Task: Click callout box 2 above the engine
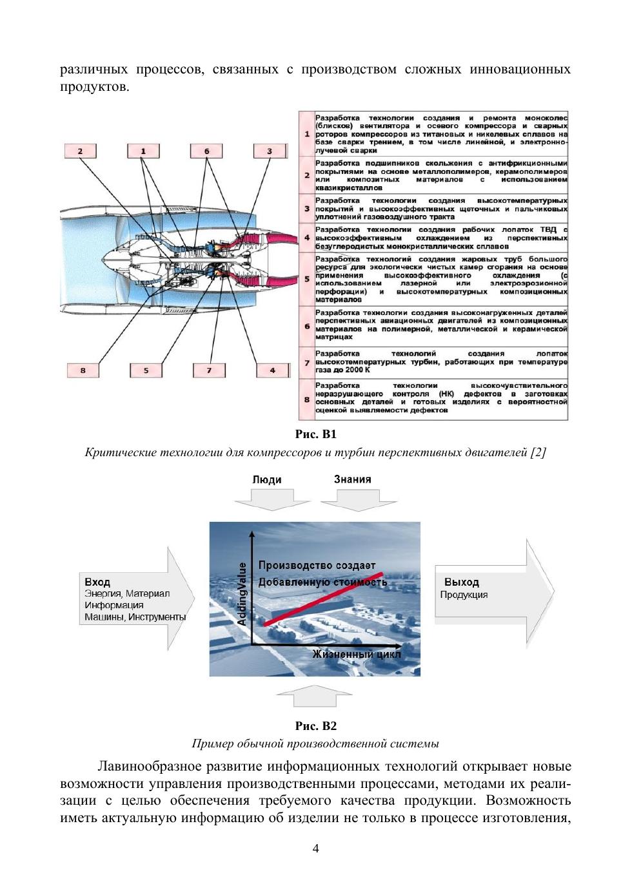(x=81, y=151)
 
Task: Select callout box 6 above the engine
(x=207, y=151)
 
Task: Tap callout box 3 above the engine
(x=270, y=151)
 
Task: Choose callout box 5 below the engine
(x=146, y=370)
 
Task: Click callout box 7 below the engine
(x=210, y=370)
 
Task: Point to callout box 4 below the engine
(x=272, y=370)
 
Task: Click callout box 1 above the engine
(x=143, y=151)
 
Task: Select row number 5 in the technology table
(x=307, y=280)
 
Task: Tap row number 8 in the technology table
(x=307, y=399)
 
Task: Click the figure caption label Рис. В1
(x=315, y=434)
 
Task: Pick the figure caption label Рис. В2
(x=315, y=726)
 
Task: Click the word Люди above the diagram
(x=267, y=480)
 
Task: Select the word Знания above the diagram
(x=352, y=479)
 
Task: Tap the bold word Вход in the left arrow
(x=97, y=582)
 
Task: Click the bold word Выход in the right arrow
(x=462, y=582)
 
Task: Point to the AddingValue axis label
(x=242, y=593)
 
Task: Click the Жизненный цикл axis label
(x=357, y=655)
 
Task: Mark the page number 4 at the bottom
(x=315, y=848)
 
